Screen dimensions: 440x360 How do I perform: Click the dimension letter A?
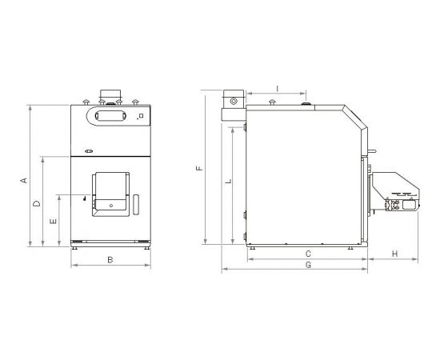pos(25,180)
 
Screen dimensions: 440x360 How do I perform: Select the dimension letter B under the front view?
pos(110,260)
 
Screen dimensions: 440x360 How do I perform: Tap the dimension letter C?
pos(308,254)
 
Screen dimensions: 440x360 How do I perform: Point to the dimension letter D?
pos(37,203)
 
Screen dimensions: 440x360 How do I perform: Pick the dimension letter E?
pos(53,222)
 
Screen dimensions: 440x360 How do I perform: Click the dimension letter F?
pos(199,168)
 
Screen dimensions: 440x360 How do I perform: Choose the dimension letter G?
pos(308,265)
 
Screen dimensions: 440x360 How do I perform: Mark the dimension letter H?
pos(395,254)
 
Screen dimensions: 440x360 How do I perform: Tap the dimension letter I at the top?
pos(278,89)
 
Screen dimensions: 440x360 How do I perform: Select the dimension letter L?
pos(229,181)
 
